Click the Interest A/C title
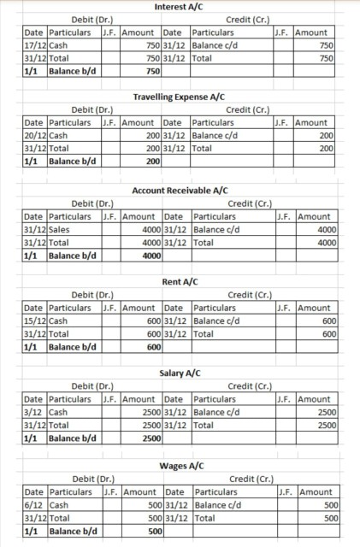[180, 7]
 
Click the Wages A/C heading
[180, 465]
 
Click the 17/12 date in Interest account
[35, 44]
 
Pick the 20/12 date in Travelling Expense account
[35, 136]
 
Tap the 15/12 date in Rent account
[35, 321]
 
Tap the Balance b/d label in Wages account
[73, 531]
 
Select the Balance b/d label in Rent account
[73, 347]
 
